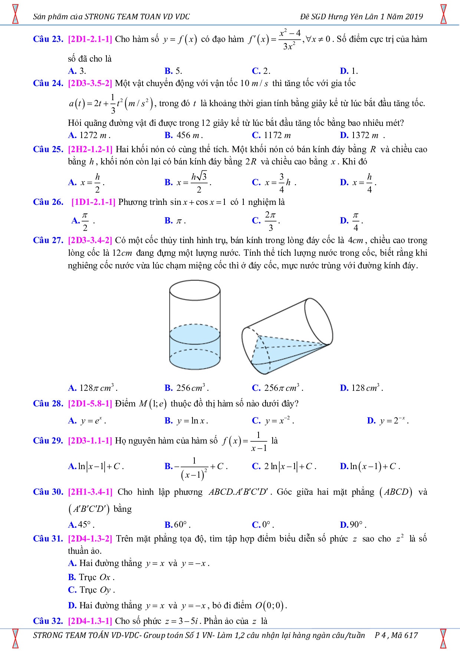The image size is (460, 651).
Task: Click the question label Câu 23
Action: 47,39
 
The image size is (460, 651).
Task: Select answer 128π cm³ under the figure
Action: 93,388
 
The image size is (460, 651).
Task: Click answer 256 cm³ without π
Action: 187,388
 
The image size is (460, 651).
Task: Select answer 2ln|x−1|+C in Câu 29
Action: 284,467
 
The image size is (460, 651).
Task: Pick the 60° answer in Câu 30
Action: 178,525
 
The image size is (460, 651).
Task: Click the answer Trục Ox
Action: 91,578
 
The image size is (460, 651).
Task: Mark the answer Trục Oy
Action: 91,590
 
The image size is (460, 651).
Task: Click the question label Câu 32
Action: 47,621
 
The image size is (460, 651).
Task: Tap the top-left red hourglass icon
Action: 15,14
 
